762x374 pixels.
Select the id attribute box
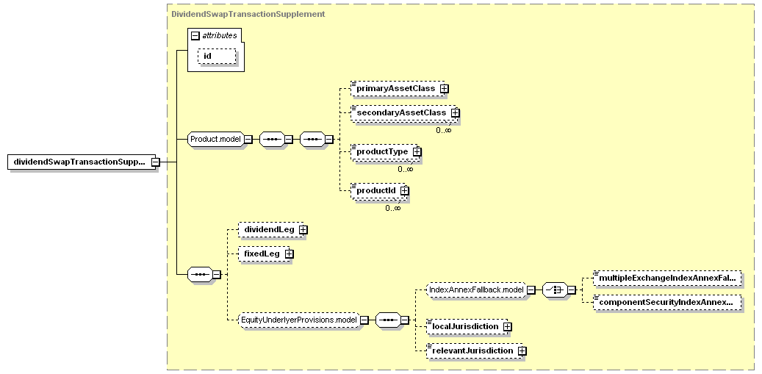point(217,56)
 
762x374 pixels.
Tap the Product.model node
point(215,139)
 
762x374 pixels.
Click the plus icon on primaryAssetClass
point(444,89)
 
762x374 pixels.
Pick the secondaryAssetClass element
point(404,112)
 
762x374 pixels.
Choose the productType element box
point(384,151)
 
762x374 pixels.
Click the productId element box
point(378,190)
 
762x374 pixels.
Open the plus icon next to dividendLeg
point(303,230)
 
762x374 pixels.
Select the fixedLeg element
point(265,254)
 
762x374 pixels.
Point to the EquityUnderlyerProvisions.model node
point(299,320)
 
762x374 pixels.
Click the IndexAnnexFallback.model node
point(476,290)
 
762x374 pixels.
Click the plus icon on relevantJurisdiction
point(522,350)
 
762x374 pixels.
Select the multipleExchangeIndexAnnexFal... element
point(668,278)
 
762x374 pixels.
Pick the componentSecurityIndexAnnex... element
point(668,302)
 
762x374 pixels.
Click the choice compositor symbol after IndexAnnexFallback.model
point(555,290)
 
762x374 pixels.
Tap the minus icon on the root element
point(155,162)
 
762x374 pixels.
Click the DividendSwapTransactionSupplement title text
point(248,14)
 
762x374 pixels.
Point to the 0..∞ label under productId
point(393,209)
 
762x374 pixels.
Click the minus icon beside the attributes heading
point(195,35)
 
